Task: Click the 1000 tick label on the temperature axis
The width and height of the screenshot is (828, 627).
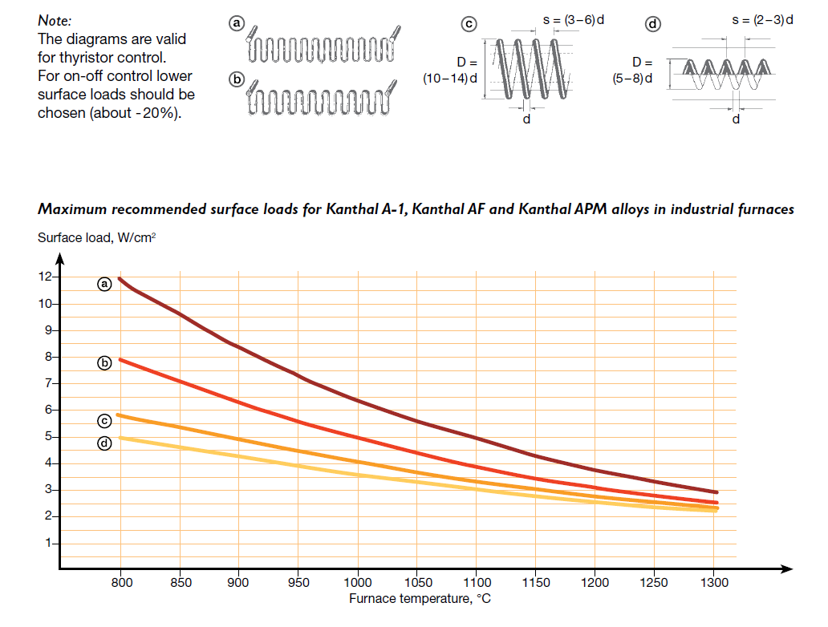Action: [357, 582]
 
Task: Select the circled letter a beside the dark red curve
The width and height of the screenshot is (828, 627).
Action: [104, 283]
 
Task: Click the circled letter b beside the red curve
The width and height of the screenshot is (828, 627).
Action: [104, 363]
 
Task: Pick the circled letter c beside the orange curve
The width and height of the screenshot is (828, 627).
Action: [104, 420]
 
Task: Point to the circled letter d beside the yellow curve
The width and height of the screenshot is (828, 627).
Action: [104, 443]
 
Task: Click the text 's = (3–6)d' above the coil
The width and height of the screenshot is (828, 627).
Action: [573, 19]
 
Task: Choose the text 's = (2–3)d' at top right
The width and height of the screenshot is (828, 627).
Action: [762, 19]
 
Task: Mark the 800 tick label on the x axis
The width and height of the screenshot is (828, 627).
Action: [120, 582]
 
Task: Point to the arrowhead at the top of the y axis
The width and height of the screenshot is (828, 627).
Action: [59, 257]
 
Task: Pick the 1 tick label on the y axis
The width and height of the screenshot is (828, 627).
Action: [49, 543]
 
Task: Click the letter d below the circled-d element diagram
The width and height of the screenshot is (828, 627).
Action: [736, 119]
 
